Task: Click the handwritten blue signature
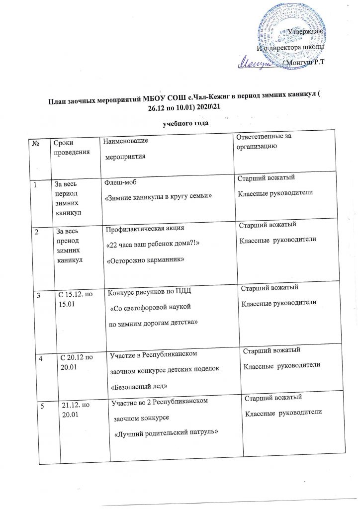(259, 63)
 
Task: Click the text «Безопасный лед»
(138, 386)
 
